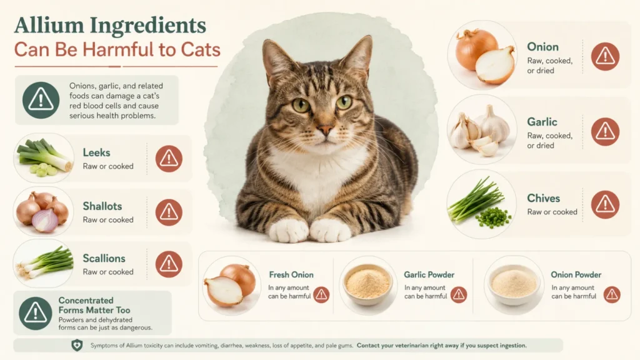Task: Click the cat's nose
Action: (326, 130)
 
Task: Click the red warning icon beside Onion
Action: (605, 56)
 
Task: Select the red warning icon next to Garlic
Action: (605, 131)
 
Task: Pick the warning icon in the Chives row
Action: (605, 204)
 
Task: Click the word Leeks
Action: (96, 152)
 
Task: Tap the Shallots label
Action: (102, 206)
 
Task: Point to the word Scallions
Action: (104, 258)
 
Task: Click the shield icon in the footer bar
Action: (77, 345)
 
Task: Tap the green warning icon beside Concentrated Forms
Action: (36, 313)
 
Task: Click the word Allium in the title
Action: (49, 25)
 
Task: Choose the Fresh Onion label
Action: (291, 275)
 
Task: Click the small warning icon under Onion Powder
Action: (612, 294)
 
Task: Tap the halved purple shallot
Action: (45, 221)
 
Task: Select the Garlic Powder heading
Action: (429, 275)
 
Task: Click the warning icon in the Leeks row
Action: (169, 158)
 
